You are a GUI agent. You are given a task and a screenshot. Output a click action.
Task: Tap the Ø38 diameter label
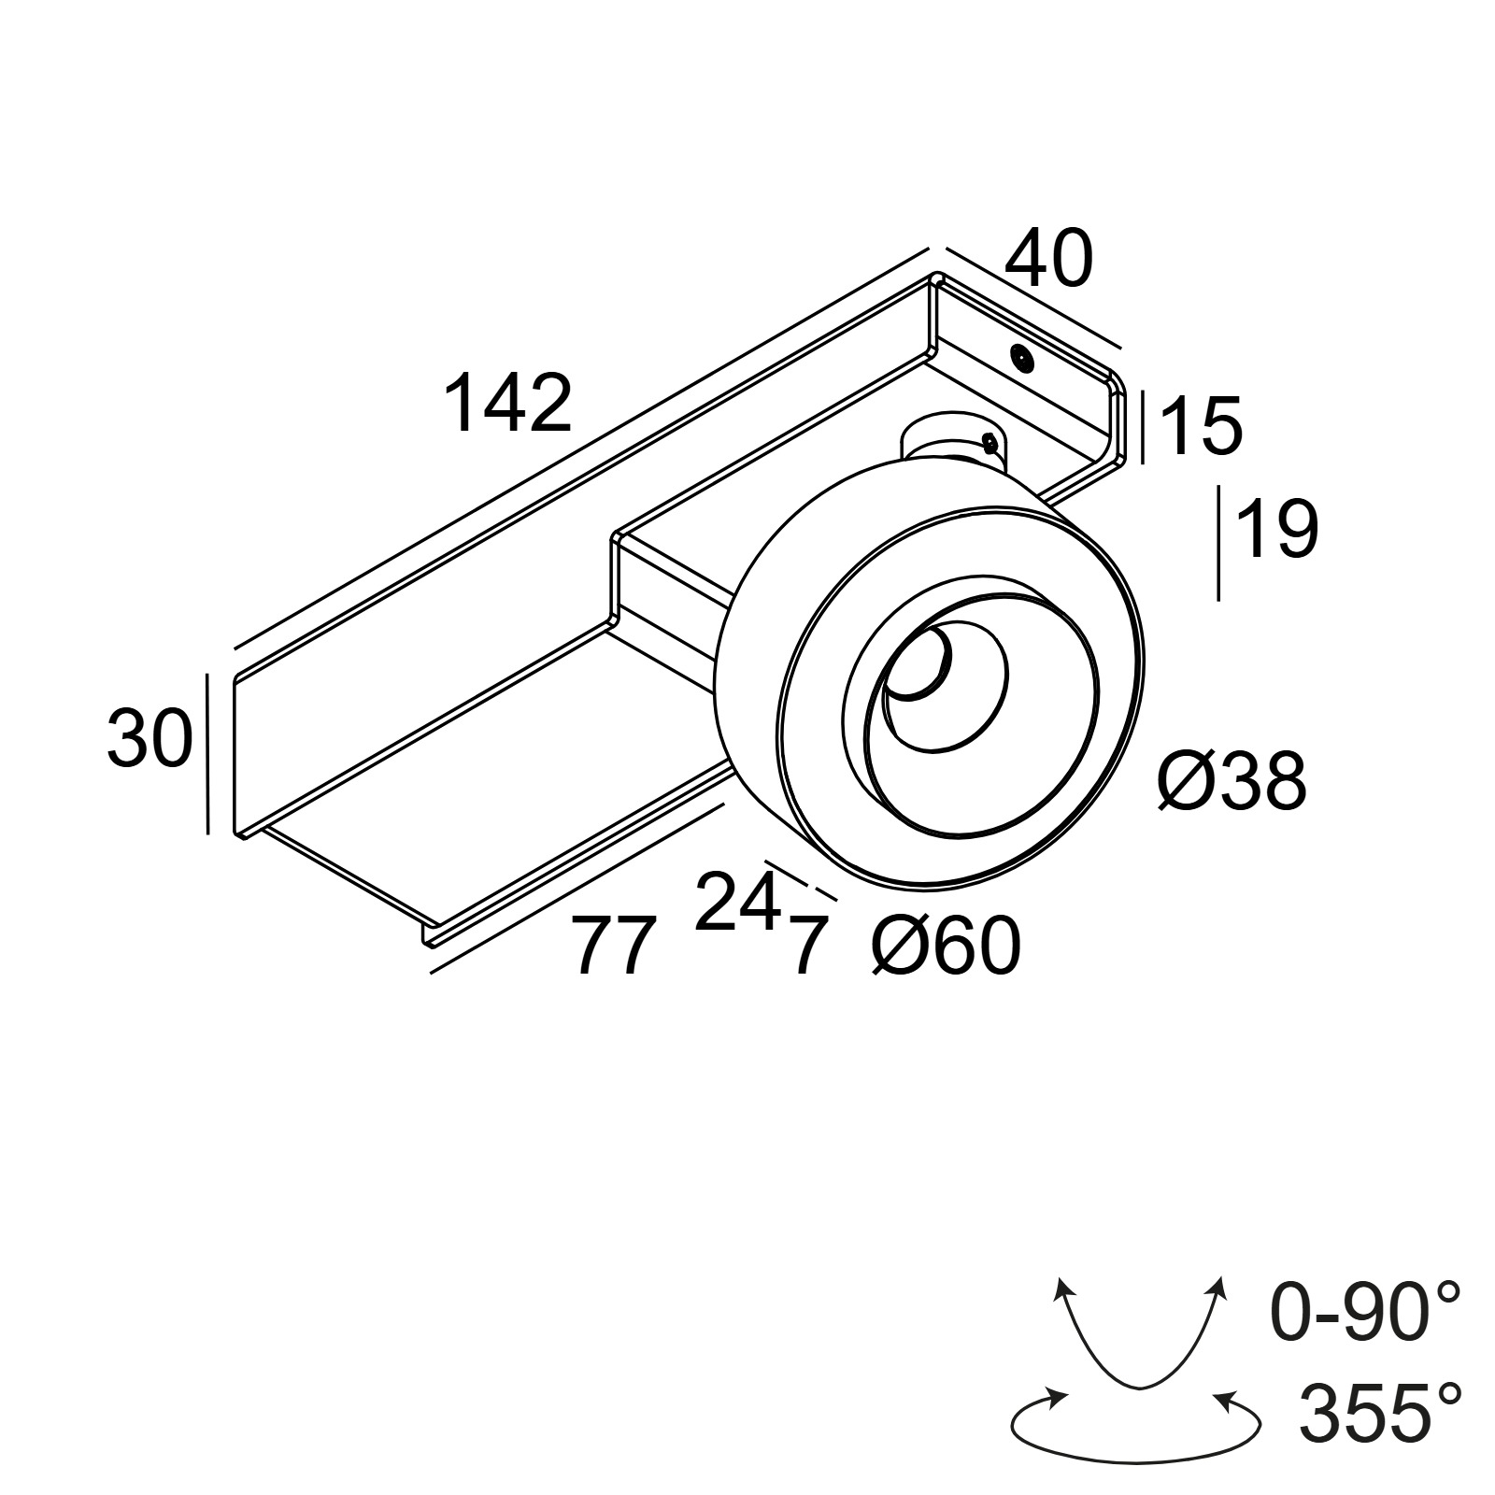1230,780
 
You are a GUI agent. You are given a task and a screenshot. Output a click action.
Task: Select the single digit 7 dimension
809,947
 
